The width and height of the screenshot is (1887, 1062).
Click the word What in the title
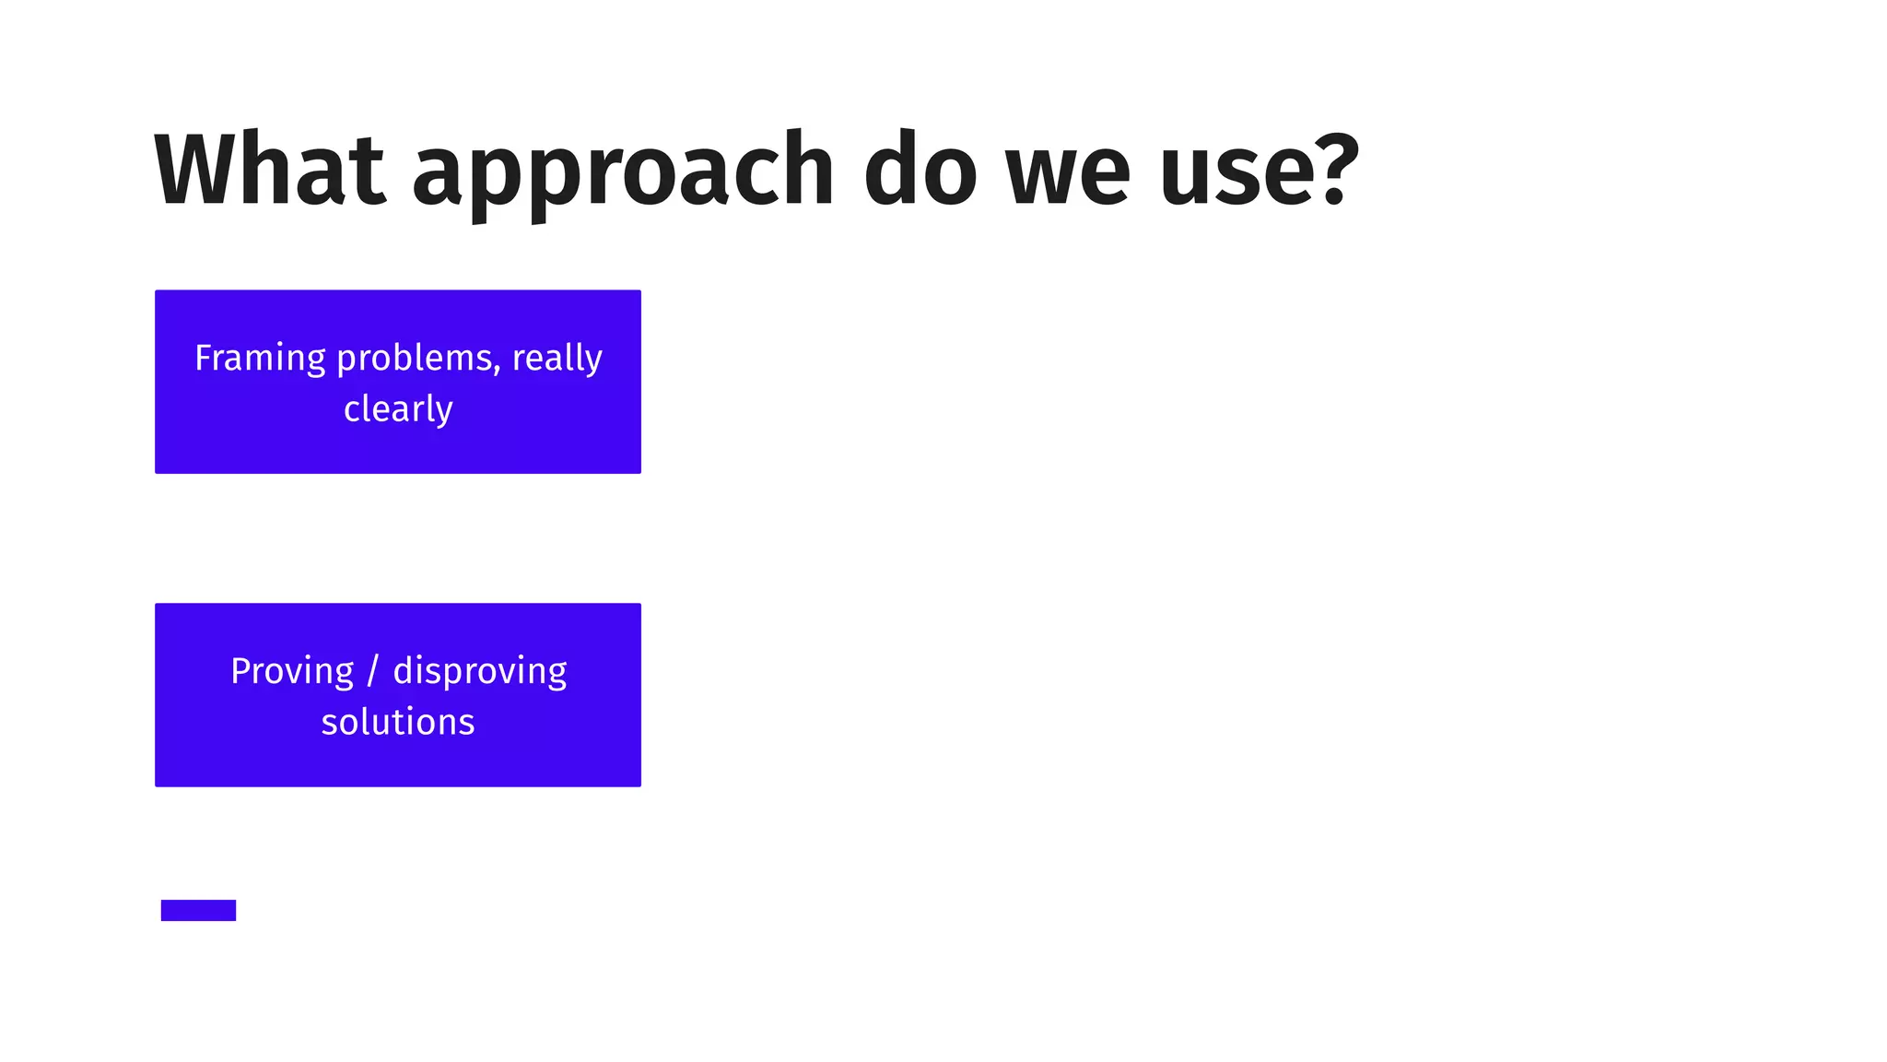pos(269,171)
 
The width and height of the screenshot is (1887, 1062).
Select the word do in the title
pos(920,171)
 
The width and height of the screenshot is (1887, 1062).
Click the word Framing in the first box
pos(260,358)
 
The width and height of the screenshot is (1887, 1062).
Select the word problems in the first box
pos(415,358)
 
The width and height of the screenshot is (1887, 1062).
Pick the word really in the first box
pos(557,358)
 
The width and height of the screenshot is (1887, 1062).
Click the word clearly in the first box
pos(398,408)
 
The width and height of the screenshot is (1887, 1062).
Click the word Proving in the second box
pos(292,671)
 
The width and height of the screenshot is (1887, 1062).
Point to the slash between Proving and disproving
pos(372,671)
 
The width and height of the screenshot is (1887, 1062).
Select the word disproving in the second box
pos(479,671)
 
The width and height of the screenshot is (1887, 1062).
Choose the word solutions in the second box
pos(398,722)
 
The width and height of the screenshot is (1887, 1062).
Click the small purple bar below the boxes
pos(198,910)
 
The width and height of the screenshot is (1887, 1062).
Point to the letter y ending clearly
pos(445,412)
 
